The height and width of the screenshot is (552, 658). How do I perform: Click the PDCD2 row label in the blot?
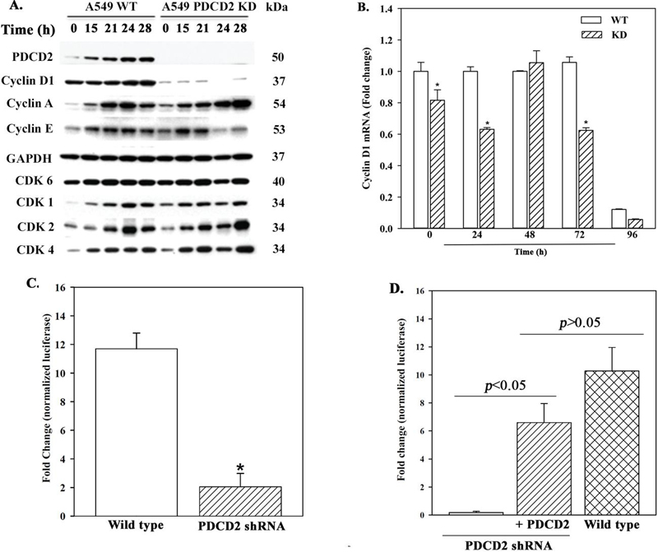point(30,59)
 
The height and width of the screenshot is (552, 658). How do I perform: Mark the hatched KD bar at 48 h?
point(540,145)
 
